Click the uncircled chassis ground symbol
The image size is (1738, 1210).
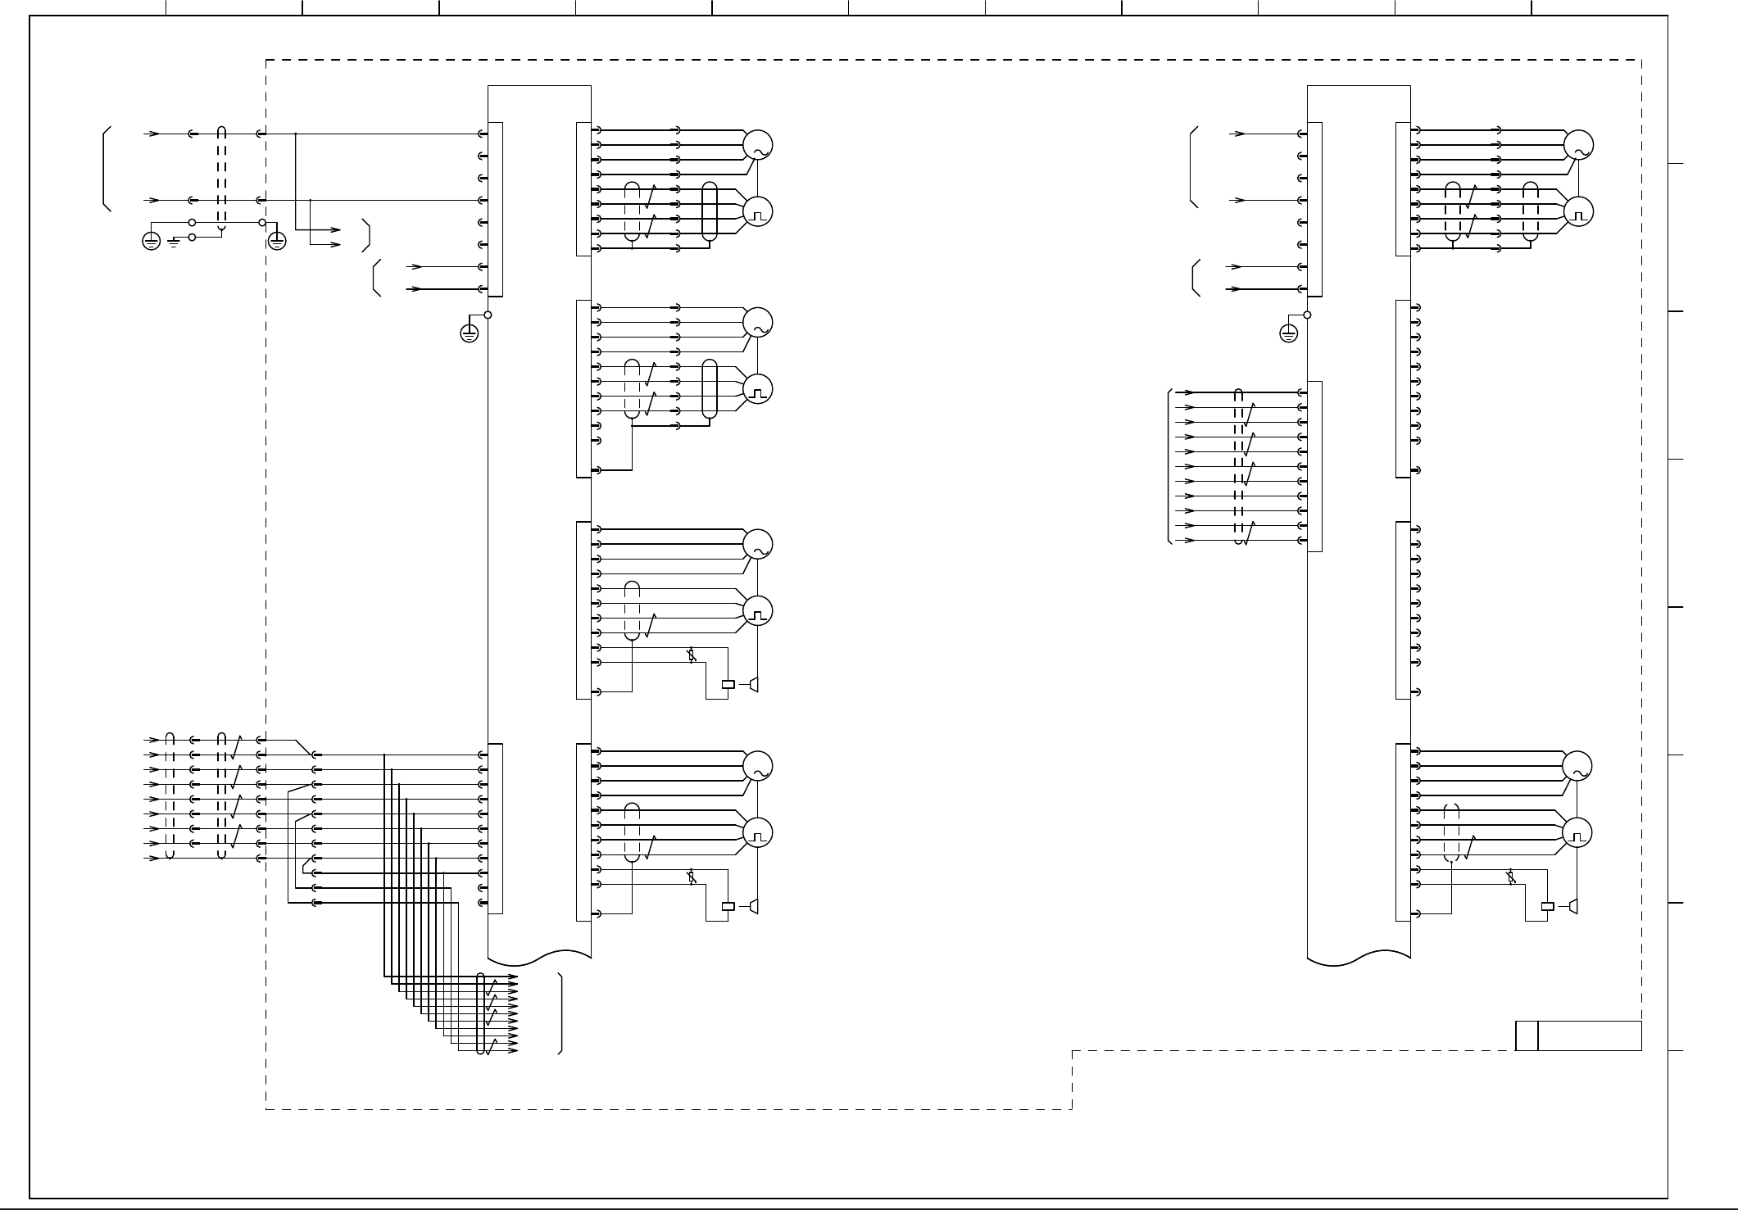173,242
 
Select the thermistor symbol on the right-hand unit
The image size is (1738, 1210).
1511,878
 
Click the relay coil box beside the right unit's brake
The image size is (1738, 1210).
1548,906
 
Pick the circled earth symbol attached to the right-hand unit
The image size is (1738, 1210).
1288,333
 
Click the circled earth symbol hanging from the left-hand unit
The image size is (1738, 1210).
469,333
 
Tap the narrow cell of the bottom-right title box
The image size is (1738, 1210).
1526,1036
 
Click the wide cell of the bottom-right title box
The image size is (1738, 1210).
1590,1036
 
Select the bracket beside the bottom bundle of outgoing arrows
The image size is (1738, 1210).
560,1013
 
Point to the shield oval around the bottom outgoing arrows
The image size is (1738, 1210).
481,1013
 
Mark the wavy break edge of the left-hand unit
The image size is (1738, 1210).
539,955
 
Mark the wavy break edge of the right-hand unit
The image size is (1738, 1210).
1359,955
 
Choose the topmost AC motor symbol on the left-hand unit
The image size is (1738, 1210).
758,145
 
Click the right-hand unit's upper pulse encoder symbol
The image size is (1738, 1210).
1577,212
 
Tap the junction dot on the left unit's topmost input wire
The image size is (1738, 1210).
295,134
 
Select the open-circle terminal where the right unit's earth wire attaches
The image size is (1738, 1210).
1307,315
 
